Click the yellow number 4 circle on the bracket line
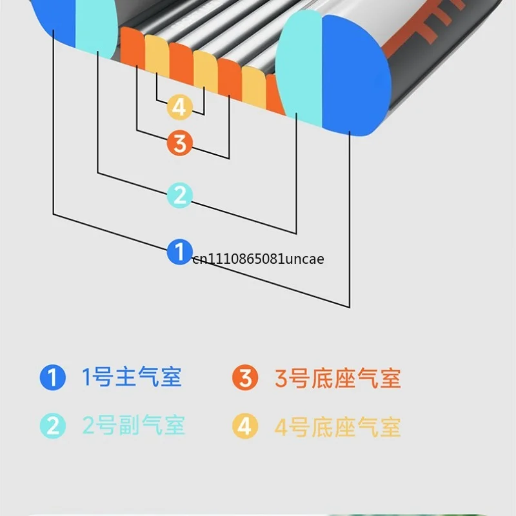[x=179, y=107]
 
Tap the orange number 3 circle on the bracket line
[x=179, y=143]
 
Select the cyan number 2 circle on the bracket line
[x=180, y=195]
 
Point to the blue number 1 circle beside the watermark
[x=180, y=252]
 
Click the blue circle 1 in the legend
[x=53, y=377]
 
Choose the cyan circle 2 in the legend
[x=53, y=426]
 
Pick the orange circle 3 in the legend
[x=245, y=377]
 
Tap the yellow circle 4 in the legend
[x=245, y=426]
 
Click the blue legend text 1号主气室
[x=132, y=377]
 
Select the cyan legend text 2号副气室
[x=134, y=425]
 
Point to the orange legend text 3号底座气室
[x=338, y=378]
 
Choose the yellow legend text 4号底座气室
[x=338, y=427]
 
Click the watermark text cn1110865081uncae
[x=259, y=259]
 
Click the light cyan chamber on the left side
[x=96, y=28]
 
